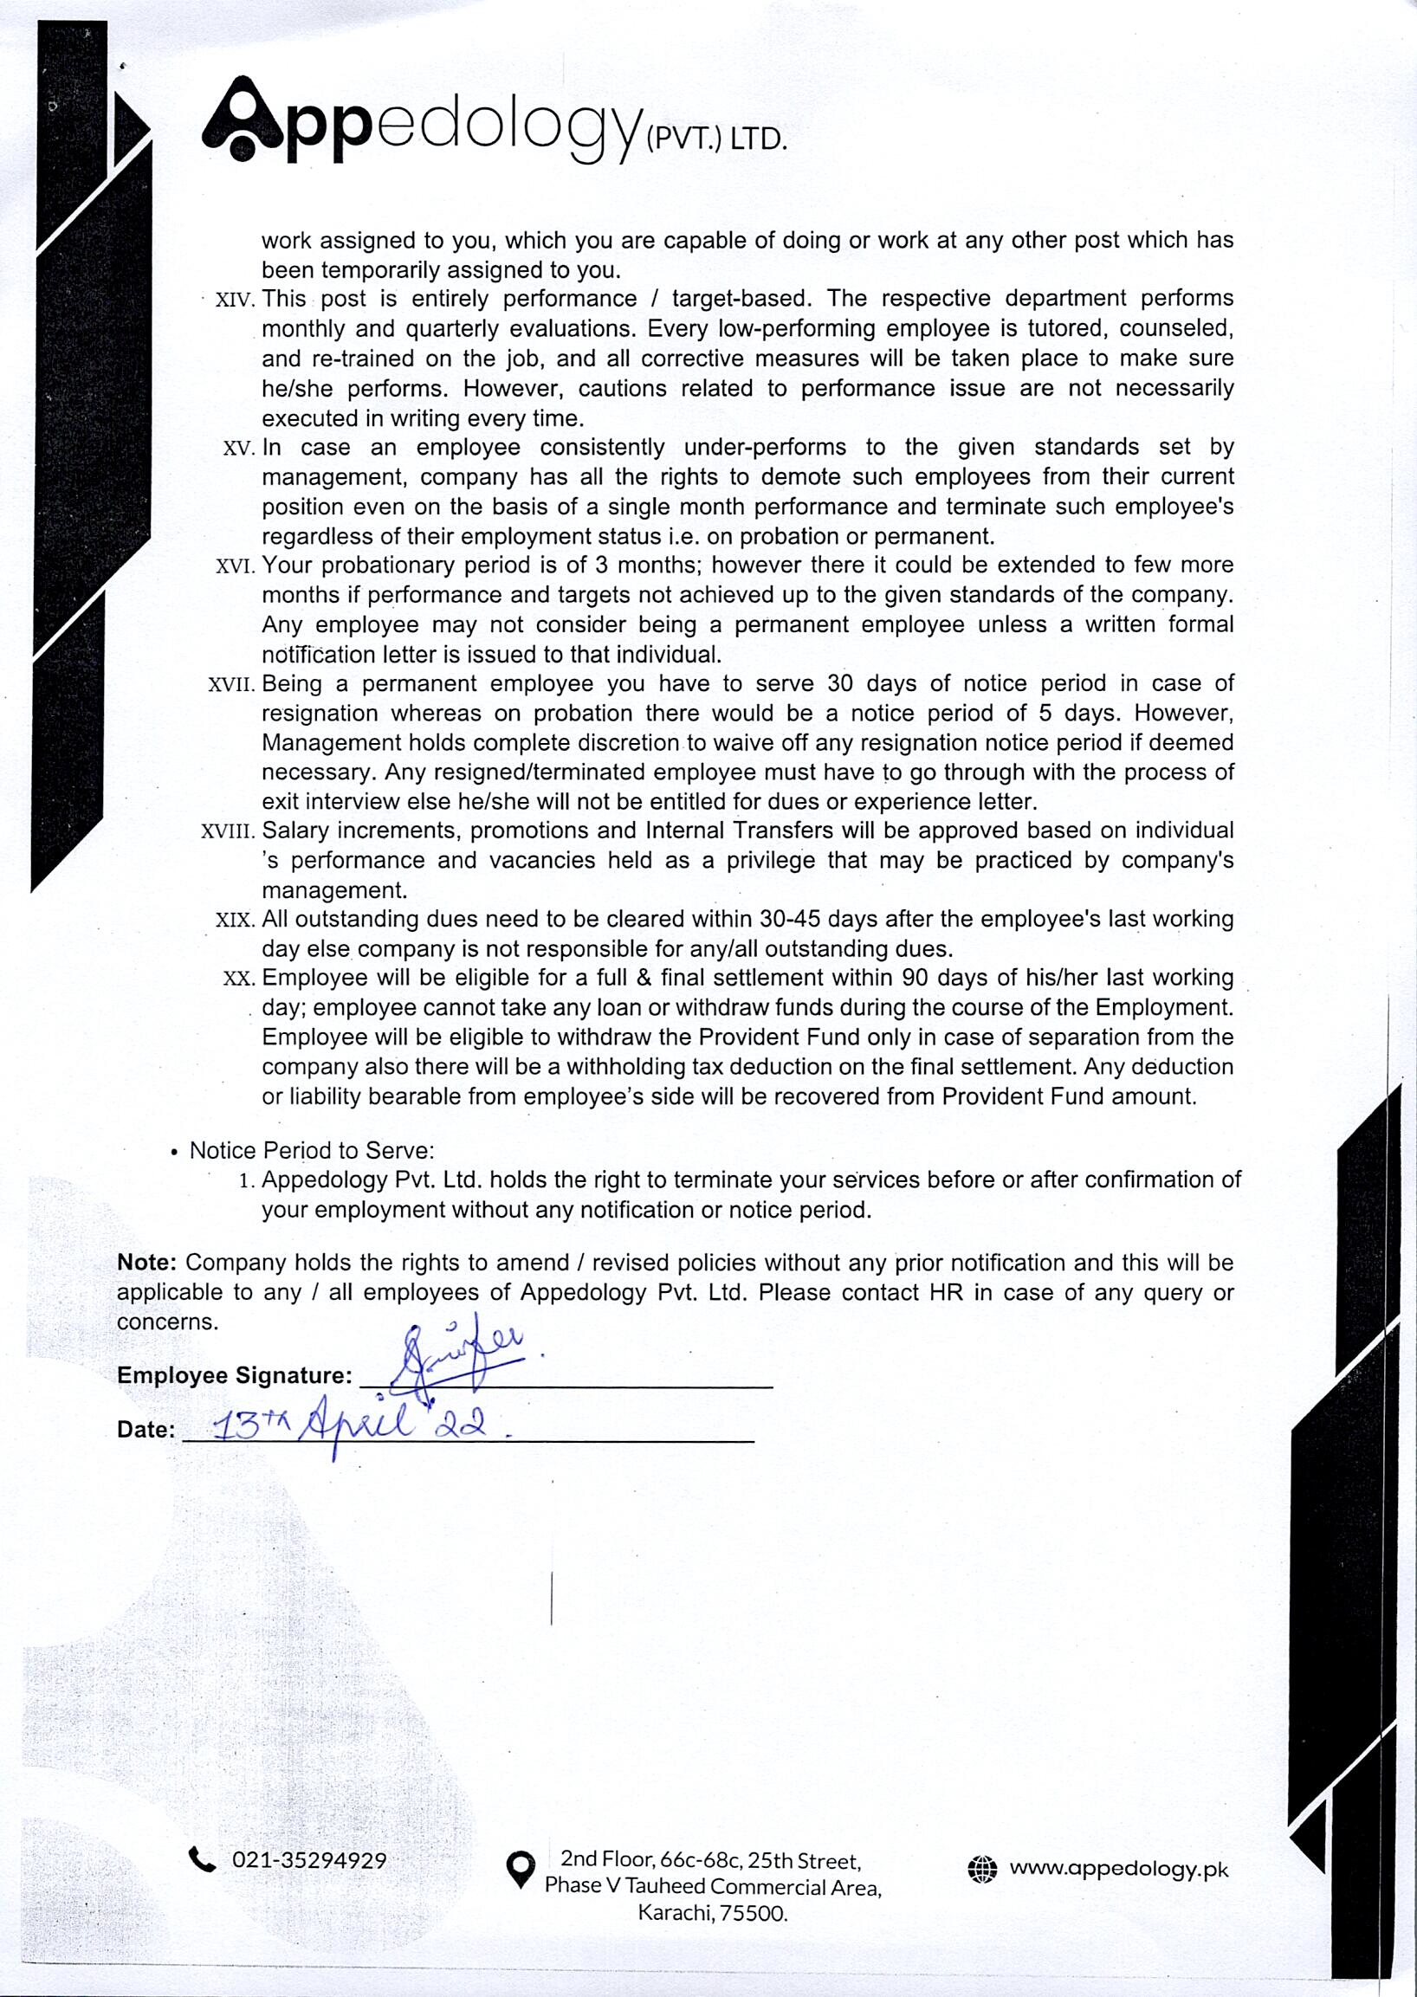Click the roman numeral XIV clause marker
(x=234, y=301)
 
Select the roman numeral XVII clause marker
(x=231, y=685)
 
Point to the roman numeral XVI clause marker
(x=234, y=567)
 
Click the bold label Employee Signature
(x=234, y=1376)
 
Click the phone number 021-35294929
(x=309, y=1860)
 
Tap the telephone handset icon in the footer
(x=202, y=1860)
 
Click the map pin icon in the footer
(x=521, y=1871)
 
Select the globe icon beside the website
(x=982, y=1869)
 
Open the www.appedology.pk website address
(x=1118, y=1869)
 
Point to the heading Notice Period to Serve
(x=312, y=1151)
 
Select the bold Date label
(x=145, y=1430)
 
